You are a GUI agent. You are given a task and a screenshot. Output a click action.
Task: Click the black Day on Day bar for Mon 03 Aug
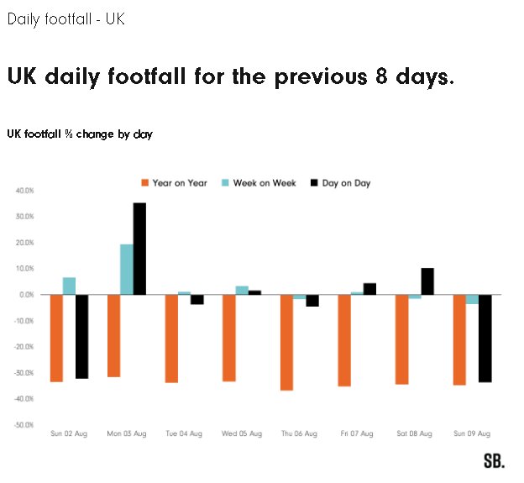pyautogui.click(x=139, y=249)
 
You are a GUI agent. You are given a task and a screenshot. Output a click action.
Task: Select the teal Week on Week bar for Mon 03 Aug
pyautogui.click(x=127, y=269)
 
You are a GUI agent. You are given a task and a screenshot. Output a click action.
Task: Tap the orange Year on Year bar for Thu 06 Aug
pyautogui.click(x=286, y=342)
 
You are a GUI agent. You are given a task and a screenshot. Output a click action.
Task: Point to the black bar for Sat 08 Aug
pyautogui.click(x=427, y=281)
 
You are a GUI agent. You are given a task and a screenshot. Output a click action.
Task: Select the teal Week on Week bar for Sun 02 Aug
pyautogui.click(x=69, y=286)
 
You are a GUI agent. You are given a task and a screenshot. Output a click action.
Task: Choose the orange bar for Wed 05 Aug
pyautogui.click(x=229, y=338)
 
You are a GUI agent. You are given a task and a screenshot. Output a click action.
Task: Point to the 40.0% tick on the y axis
pyautogui.click(x=24, y=191)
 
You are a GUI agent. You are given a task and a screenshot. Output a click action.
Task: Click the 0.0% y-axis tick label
pyautogui.click(x=25, y=295)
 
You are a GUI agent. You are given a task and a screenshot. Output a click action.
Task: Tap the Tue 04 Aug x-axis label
pyautogui.click(x=184, y=434)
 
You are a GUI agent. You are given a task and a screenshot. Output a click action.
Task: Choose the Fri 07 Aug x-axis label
pyautogui.click(x=357, y=434)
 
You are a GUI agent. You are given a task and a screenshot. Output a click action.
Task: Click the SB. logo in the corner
pyautogui.click(x=494, y=460)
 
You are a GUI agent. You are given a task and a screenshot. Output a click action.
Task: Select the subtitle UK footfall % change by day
pyautogui.click(x=80, y=134)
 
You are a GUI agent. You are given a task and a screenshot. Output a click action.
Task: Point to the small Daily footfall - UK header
pyautogui.click(x=65, y=18)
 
